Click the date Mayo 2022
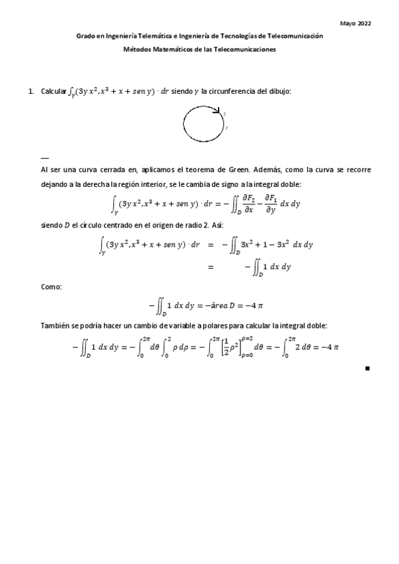pos(356,23)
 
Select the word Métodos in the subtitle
pos(138,49)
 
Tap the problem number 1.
pos(31,90)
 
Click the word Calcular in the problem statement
pos(53,90)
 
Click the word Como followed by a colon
pos(51,287)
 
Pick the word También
pos(56,326)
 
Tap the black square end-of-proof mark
pos(368,368)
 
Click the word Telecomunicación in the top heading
pos(293,36)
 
